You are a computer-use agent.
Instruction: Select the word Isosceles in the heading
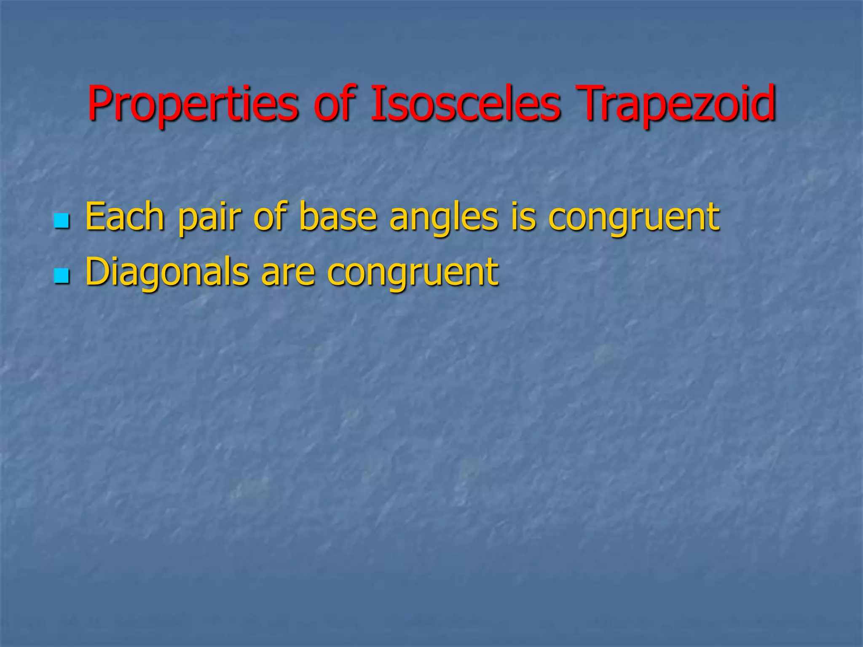466,103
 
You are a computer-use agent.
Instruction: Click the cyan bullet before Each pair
62,221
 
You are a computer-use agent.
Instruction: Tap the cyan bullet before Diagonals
62,276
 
